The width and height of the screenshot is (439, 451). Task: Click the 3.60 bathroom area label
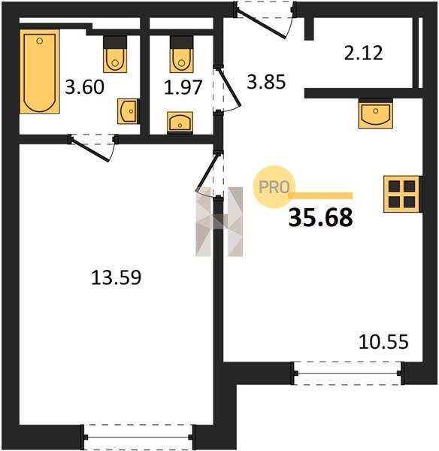84,87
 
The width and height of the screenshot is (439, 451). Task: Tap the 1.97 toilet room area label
183,87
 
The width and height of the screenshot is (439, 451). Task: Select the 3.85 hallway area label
266,81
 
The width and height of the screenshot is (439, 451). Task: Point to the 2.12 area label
364,53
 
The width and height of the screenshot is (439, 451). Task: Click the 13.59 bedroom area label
116,277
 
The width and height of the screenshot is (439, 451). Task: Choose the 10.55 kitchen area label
383,342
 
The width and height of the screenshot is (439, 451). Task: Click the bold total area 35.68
320,218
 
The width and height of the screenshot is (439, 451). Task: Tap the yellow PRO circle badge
274,187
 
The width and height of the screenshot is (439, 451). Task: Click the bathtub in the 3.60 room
40,71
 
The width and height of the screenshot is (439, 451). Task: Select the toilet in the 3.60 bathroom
115,54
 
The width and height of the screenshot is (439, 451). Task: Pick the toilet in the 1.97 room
181,54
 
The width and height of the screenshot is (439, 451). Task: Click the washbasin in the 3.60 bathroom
127,111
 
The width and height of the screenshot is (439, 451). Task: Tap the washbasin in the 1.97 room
180,122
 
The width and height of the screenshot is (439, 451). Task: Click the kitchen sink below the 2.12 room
375,114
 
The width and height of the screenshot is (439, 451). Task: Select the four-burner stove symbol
401,195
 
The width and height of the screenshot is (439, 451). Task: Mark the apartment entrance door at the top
264,20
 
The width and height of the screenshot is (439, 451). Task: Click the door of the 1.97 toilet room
227,89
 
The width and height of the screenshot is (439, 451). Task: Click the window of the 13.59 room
138,437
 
